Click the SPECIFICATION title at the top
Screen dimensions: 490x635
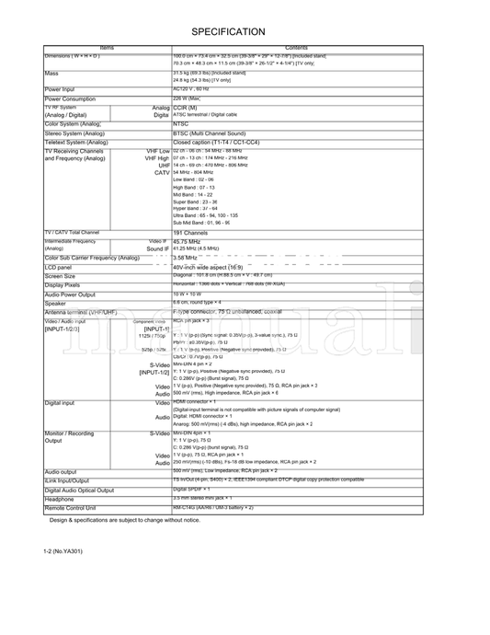228,31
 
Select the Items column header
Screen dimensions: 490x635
106,48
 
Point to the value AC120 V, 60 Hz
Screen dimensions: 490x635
191,89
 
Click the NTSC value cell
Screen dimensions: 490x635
181,122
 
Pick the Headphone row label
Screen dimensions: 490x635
60,499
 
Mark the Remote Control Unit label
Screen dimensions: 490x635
74,508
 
